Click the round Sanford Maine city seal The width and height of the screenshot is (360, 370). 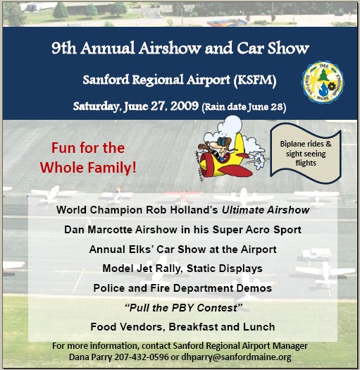point(323,82)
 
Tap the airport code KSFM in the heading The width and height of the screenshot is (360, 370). point(255,80)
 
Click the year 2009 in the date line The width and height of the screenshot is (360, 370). point(185,106)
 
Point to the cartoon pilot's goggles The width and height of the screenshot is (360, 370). point(222,141)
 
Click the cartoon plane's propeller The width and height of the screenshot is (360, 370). point(199,166)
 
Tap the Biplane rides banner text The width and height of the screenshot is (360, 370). point(306,154)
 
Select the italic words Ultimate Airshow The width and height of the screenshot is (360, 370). point(266,210)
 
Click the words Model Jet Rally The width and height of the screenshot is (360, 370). point(142,269)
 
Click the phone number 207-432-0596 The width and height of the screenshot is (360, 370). point(142,357)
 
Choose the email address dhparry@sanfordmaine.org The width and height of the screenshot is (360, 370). point(236,357)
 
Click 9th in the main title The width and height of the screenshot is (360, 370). point(63,48)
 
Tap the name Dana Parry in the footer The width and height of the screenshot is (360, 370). point(90,357)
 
